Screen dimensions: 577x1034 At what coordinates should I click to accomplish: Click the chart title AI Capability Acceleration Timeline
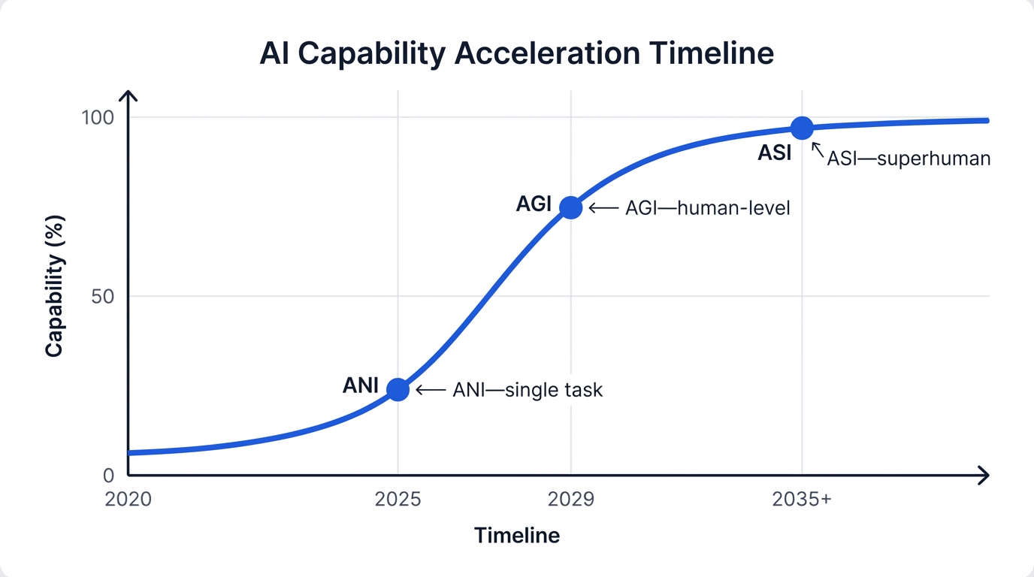516,54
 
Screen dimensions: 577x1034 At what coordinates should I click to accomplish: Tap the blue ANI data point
398,389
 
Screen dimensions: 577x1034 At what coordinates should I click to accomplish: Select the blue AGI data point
571,207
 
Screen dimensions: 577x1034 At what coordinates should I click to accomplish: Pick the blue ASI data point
802,128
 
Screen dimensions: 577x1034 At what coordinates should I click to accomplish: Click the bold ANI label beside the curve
361,385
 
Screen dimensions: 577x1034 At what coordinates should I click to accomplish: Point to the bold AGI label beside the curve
534,204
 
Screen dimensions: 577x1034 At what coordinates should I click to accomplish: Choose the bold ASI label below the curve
775,153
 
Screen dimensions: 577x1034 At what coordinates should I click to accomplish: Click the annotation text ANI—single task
528,390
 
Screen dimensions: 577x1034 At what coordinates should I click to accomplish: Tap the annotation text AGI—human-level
708,208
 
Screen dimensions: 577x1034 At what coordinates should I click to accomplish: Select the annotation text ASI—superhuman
909,159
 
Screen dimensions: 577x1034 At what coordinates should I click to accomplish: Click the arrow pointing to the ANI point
431,390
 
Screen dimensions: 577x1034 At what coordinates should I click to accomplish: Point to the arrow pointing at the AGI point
603,208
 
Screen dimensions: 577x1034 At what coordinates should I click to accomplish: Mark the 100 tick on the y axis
98,118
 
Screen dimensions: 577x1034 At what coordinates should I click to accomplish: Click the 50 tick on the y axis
102,296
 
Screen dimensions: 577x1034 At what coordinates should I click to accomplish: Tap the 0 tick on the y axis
107,475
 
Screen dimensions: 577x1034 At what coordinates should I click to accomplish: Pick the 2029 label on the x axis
571,500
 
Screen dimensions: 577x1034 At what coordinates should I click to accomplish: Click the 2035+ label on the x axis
802,500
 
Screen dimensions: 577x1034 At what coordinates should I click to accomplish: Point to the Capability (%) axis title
54,286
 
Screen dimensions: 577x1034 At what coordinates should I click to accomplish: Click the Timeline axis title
517,536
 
